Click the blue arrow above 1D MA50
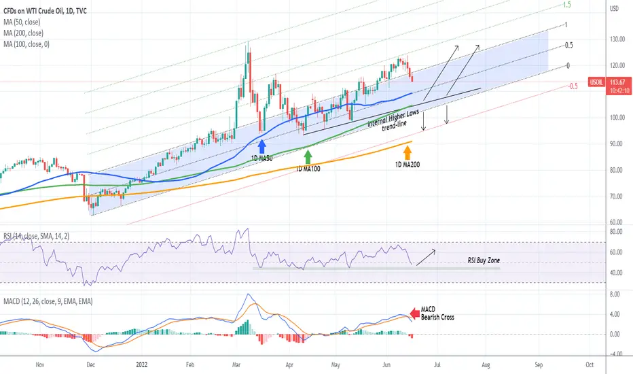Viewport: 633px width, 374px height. [262, 146]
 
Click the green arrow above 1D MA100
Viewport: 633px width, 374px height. [308, 156]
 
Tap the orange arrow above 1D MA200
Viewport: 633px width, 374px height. [408, 152]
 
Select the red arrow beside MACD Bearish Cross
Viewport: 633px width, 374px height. [414, 313]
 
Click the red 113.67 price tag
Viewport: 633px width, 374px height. [619, 82]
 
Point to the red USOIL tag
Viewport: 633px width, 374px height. [596, 82]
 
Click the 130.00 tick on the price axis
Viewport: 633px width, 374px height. [617, 39]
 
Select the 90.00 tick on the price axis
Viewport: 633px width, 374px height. [617, 144]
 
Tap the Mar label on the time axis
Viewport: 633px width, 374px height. [236, 364]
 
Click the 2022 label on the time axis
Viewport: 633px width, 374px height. [142, 364]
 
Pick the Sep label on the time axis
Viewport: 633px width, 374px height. [539, 364]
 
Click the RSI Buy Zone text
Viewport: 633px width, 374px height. [484, 260]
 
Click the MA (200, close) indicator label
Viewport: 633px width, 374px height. [23, 33]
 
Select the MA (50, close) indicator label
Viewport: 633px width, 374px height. [22, 22]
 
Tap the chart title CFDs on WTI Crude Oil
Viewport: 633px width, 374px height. [33, 11]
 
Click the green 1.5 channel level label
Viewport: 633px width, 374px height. [567, 5]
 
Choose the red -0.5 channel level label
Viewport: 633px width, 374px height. [573, 86]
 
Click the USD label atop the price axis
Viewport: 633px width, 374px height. [614, 8]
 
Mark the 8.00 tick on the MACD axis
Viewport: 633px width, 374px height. [615, 294]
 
